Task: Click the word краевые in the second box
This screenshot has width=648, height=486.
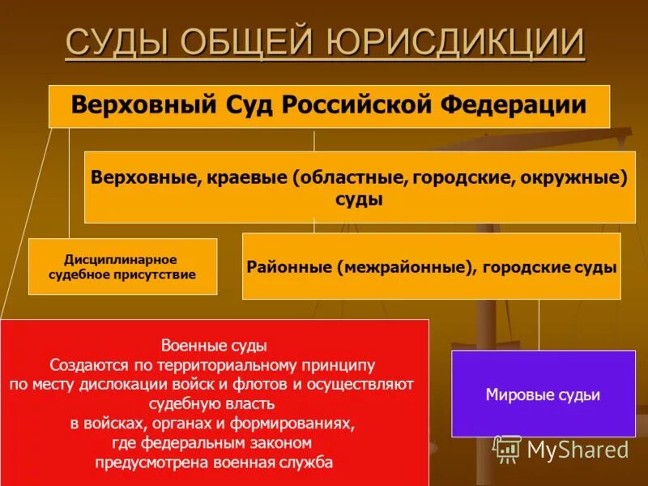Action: (x=242, y=177)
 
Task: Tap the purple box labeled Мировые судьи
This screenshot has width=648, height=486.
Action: (x=543, y=394)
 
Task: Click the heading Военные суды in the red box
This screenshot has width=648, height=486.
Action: (x=214, y=346)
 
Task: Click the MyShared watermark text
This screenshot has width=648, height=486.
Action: (x=578, y=450)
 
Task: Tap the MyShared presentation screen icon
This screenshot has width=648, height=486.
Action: (x=507, y=449)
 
